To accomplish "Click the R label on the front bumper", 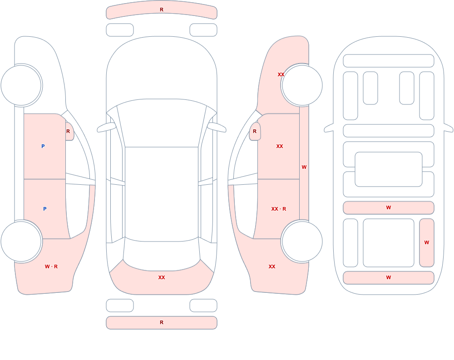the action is (162, 10).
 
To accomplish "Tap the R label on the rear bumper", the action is (162, 322).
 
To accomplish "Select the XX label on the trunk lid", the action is (162, 277).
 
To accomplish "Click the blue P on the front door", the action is (43, 146).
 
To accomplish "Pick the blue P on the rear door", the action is (44, 209).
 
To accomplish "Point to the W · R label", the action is (51, 266).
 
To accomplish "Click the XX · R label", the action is (279, 209).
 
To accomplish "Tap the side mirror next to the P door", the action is (69, 131).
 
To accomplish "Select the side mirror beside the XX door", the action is (255, 131).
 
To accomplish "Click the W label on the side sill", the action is (304, 167).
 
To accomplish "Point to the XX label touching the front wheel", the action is (281, 74).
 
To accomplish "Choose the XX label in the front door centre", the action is (279, 146).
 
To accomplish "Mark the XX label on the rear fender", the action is (271, 266).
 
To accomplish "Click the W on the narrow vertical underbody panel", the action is (426, 242).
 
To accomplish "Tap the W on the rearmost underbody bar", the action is (389, 277).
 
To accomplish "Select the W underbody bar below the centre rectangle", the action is (389, 207).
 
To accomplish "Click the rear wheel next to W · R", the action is (21, 241).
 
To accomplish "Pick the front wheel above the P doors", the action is (21, 85).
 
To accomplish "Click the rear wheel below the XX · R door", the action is (302, 241).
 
